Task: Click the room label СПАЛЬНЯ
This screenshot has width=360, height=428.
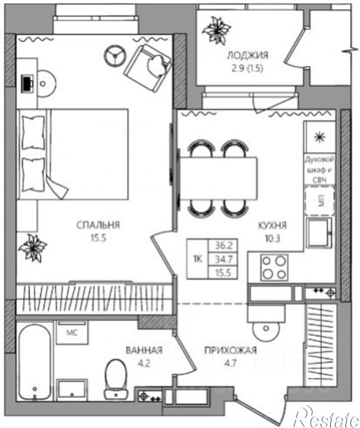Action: click(98, 225)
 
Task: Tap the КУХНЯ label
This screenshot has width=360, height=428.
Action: click(273, 225)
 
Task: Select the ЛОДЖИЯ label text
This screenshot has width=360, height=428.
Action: click(248, 56)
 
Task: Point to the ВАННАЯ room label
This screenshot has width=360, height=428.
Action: click(144, 350)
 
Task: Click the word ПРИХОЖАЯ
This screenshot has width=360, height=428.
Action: click(230, 350)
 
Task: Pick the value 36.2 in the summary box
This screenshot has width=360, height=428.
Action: click(223, 246)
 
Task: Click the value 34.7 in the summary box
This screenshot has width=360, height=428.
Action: click(223, 259)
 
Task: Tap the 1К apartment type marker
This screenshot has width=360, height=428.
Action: click(198, 259)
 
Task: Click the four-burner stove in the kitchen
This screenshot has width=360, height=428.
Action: click(274, 268)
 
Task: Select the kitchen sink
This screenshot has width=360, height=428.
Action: click(319, 233)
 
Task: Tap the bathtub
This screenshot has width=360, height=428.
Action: click(35, 363)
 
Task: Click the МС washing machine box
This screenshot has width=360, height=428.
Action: click(72, 333)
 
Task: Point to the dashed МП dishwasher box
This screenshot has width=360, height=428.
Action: click(320, 201)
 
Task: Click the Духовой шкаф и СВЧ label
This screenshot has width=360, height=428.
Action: click(320, 169)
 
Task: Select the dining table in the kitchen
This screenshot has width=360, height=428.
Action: click(218, 178)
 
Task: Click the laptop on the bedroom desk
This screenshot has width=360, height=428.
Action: click(28, 83)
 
